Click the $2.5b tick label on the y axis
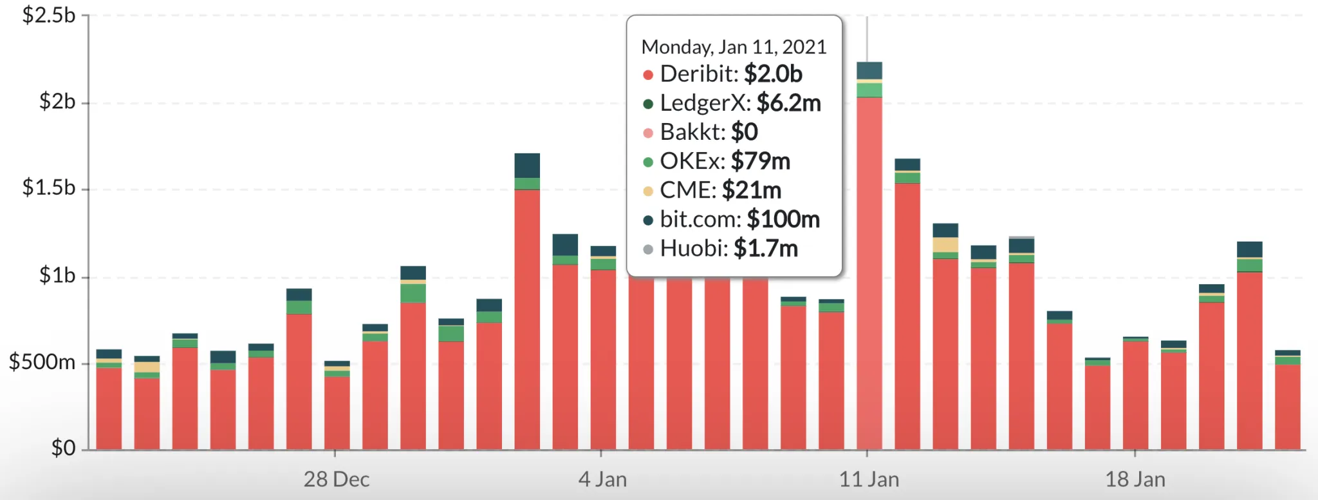point(49,15)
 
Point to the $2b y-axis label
point(57,102)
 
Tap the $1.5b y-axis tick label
point(49,187)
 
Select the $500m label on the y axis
point(42,362)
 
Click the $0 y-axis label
point(63,447)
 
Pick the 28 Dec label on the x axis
point(336,479)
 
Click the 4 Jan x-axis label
point(602,479)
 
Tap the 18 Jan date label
point(1135,479)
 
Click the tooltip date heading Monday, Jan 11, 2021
point(734,47)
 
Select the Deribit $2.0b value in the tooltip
point(773,74)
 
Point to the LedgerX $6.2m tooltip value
point(788,103)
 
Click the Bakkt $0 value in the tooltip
point(745,132)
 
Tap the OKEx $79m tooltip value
point(760,161)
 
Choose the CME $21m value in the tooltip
point(751,190)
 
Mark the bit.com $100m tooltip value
point(783,219)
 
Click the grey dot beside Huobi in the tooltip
point(648,249)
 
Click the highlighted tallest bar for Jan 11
point(869,271)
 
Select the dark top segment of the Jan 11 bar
point(869,70)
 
